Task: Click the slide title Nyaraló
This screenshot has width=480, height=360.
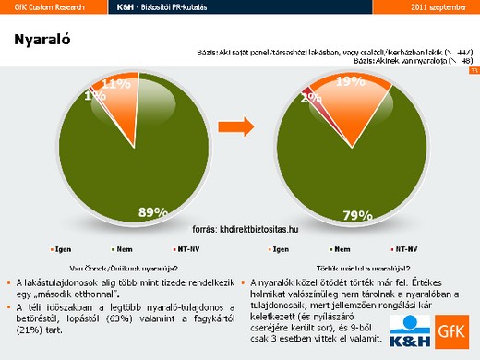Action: (x=44, y=40)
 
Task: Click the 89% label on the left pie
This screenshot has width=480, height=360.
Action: (x=152, y=212)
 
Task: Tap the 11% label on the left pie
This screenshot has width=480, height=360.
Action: (x=115, y=84)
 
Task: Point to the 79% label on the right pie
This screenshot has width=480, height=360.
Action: (x=357, y=216)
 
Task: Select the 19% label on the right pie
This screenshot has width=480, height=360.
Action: (x=349, y=82)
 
